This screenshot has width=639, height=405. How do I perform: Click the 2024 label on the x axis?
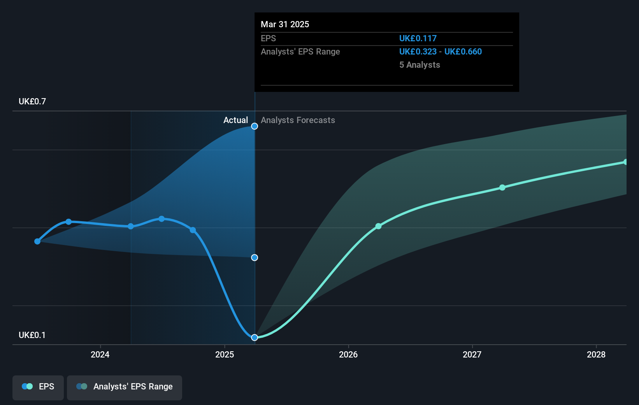tap(100, 354)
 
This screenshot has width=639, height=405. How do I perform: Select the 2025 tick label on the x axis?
tap(225, 354)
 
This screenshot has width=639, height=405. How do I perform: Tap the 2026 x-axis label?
tap(348, 354)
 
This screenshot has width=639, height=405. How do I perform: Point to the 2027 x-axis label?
tap(472, 354)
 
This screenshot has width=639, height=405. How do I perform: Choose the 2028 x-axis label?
tap(596, 354)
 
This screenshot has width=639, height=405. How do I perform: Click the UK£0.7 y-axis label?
tap(32, 102)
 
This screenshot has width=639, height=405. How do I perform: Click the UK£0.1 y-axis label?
tap(32, 335)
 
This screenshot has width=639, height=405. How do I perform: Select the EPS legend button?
tap(38, 387)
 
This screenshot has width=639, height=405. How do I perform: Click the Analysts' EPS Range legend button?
tap(125, 387)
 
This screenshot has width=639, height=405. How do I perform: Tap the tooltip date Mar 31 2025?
tap(285, 24)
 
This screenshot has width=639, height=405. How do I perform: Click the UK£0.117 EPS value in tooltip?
tap(418, 38)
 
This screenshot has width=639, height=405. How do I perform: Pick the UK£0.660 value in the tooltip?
tap(463, 51)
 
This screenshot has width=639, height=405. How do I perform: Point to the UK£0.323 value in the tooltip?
tap(418, 51)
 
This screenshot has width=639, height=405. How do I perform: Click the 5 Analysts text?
tap(420, 65)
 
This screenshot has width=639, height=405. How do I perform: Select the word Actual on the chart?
tap(235, 120)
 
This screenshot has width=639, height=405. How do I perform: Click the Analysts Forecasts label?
tap(298, 120)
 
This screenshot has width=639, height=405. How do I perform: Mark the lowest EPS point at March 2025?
tap(255, 337)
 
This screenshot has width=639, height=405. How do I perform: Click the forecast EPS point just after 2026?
tap(378, 226)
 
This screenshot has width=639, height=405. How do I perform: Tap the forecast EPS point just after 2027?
tap(502, 187)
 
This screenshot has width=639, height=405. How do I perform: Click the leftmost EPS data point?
tap(37, 241)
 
